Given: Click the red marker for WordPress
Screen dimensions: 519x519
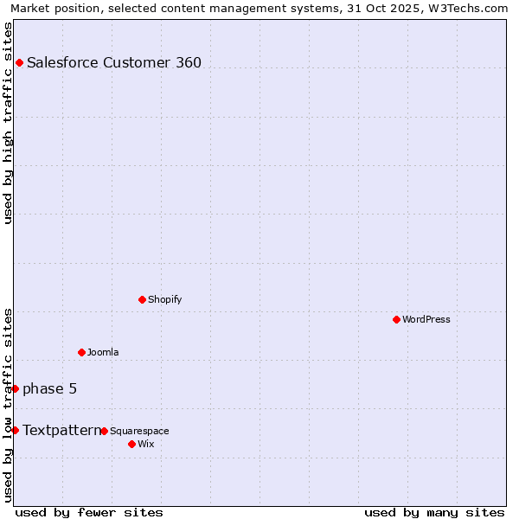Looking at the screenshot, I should pos(396,319).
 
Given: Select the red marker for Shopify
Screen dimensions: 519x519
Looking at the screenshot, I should pos(142,299).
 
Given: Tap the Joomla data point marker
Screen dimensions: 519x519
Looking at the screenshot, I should pos(81,352).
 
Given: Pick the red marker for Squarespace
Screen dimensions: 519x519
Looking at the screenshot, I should pos(104,431).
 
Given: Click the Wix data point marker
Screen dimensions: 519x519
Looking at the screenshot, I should pos(131,444).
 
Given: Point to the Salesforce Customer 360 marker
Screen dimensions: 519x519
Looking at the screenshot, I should pos(19,62).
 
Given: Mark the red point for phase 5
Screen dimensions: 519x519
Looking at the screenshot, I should pos(15,388).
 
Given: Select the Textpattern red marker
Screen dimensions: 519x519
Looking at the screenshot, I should pos(15,430).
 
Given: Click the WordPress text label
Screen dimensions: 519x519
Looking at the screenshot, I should pos(426,319).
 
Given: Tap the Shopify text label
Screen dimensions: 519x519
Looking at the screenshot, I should pos(164,299).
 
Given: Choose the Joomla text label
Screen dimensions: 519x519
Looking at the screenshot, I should pos(103,352).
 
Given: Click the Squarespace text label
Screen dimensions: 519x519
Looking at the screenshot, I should pos(139,431).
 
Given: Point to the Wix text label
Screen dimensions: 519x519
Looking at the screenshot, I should pos(145,444).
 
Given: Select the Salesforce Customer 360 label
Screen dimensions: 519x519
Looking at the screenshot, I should pos(114,62).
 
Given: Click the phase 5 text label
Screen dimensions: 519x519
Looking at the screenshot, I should pos(49,388).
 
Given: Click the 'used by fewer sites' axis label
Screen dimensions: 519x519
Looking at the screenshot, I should pos(89,512).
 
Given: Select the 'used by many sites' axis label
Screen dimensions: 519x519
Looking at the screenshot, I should pos(434,512).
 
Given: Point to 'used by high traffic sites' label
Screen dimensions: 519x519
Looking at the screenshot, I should pos(8,123).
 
